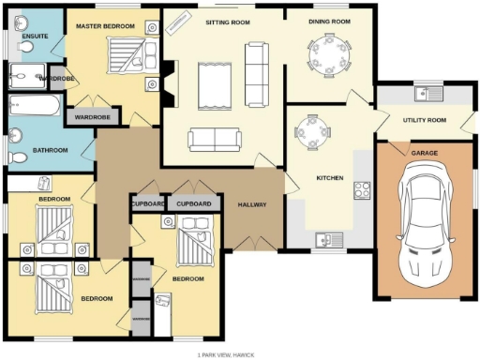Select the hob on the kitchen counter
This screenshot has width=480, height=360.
361,189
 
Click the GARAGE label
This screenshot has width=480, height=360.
424,152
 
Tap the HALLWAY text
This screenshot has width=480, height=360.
252,203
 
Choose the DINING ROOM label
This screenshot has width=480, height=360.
330,21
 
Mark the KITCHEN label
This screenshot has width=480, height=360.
329,178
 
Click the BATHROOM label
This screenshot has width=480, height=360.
49,149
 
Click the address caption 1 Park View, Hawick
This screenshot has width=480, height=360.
228,355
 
